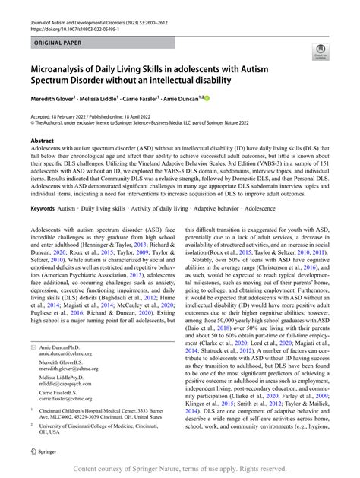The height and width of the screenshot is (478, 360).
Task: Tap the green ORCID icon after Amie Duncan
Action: [206, 99]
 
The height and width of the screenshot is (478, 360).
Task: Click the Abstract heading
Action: [42, 141]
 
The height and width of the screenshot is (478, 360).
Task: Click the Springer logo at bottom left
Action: [43, 451]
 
